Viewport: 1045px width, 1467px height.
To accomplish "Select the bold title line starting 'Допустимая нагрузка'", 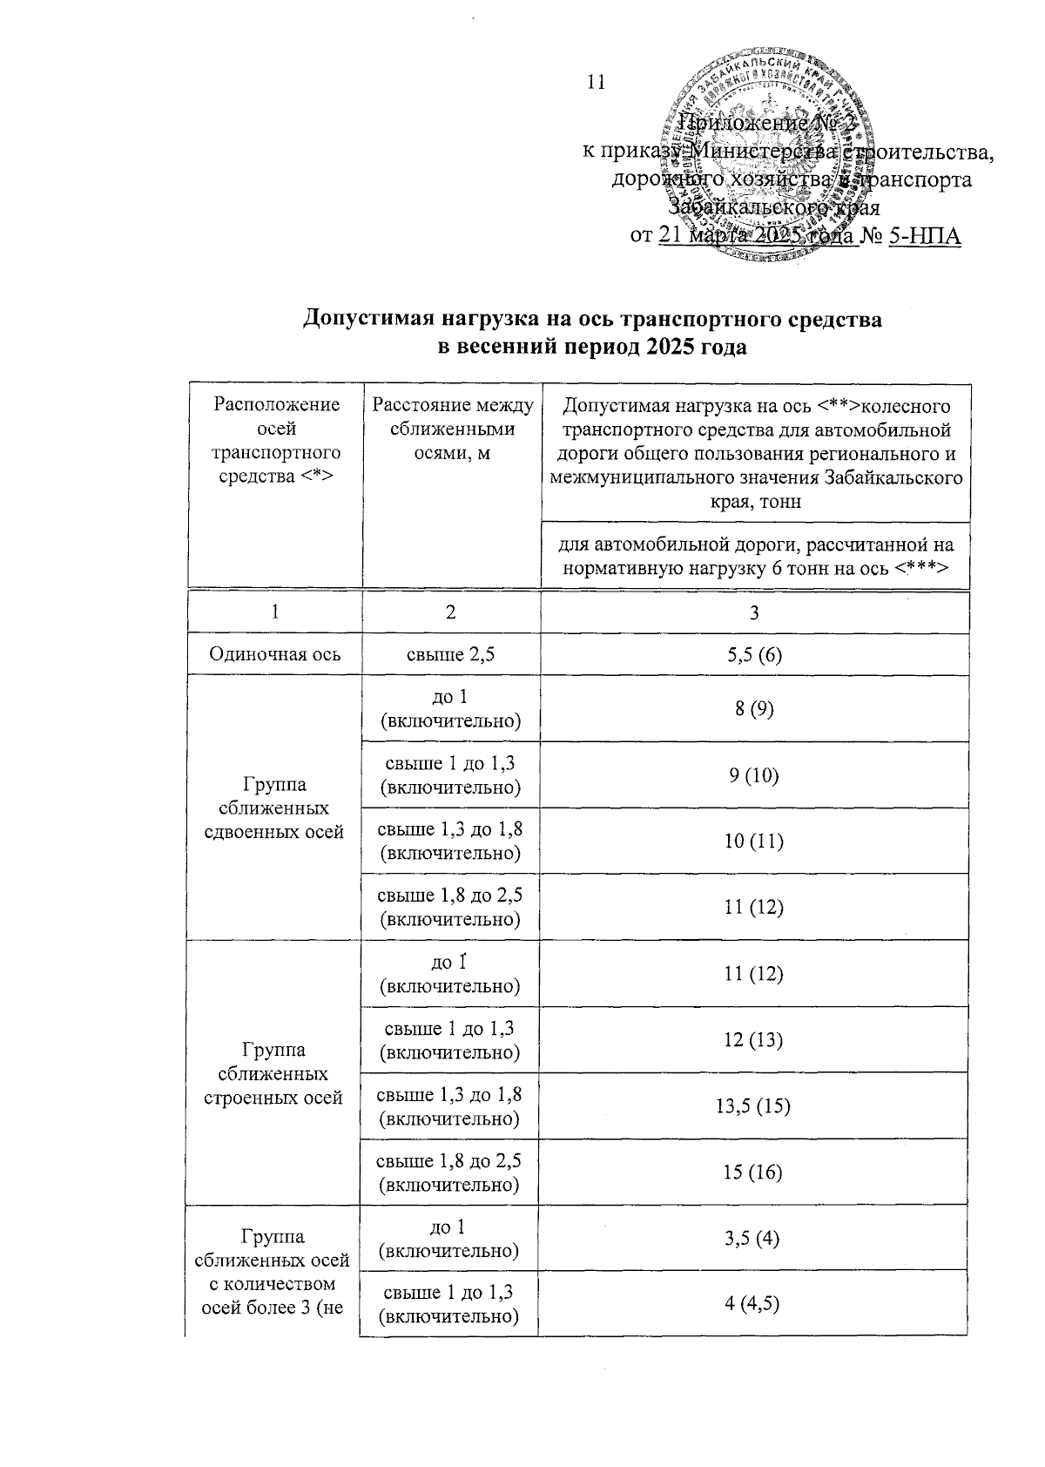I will click(591, 320).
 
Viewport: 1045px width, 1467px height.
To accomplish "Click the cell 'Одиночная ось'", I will click(274, 654).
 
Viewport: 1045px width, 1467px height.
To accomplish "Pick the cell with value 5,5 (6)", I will click(754, 654).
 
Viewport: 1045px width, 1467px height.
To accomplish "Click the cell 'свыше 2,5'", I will click(450, 654).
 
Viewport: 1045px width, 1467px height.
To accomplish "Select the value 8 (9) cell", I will click(754, 709).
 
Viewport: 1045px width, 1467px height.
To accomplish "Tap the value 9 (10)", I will click(754, 775).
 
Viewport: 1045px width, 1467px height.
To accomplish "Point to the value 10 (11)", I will click(754, 842).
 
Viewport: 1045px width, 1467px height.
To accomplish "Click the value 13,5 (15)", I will click(754, 1106).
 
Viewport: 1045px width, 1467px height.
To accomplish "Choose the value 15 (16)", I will click(754, 1173).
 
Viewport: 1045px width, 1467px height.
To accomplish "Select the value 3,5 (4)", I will click(754, 1238).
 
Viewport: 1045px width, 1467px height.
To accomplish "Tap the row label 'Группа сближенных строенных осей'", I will click(274, 1073).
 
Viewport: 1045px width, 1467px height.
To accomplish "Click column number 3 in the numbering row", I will click(754, 612).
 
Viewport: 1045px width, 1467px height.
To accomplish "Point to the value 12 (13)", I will click(754, 1040).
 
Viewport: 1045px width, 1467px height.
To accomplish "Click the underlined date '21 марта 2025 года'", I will click(758, 236).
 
